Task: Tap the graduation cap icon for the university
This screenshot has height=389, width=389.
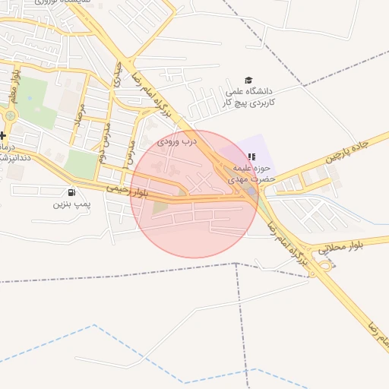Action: (x=248, y=80)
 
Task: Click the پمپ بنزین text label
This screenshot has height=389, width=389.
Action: (x=71, y=204)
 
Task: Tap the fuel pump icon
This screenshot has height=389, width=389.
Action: (x=71, y=192)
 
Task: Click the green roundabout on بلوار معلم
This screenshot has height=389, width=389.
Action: (x=10, y=116)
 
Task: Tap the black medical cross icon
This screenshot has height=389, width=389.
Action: (x=3, y=135)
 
